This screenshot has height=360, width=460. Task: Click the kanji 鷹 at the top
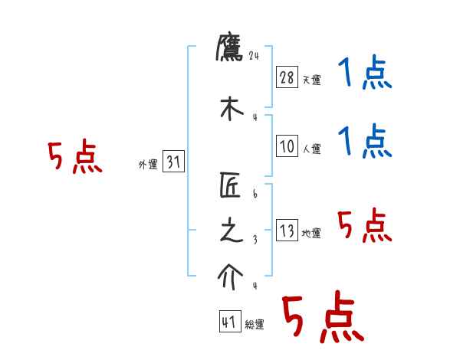pyautogui.click(x=230, y=47)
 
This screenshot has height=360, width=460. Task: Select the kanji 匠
pyautogui.click(x=230, y=185)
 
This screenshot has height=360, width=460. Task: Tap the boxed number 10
pyautogui.click(x=286, y=146)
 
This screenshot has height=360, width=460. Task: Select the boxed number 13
pyautogui.click(x=286, y=231)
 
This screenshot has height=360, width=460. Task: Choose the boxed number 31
pyautogui.click(x=173, y=162)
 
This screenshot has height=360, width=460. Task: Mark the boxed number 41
pyautogui.click(x=229, y=322)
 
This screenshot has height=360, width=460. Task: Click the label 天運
pyautogui.click(x=311, y=80)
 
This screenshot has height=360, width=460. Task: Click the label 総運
pyautogui.click(x=255, y=325)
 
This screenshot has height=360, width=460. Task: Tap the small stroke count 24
pyautogui.click(x=255, y=55)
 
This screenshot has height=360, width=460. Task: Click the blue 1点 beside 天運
pyautogui.click(x=365, y=74)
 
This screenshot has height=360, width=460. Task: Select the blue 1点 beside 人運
pyautogui.click(x=365, y=142)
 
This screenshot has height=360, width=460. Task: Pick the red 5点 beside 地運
pyautogui.click(x=365, y=226)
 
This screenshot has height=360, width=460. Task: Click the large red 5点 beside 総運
pyautogui.click(x=322, y=318)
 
